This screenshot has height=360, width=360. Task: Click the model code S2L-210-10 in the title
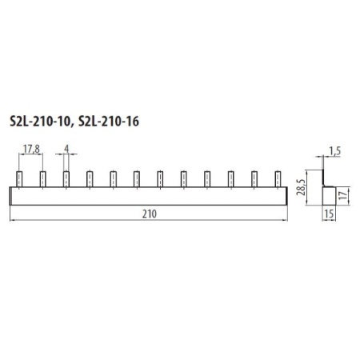click(40, 122)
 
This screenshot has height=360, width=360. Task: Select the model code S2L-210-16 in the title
click(109, 122)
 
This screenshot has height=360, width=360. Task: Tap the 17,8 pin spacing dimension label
click(31, 149)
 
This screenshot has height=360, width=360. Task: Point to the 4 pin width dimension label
click(66, 149)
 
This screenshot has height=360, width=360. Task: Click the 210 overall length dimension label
click(150, 214)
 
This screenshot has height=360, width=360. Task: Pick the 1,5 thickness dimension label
click(334, 151)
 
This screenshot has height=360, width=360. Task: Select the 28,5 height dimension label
click(301, 187)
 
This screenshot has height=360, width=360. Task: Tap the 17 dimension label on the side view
click(344, 194)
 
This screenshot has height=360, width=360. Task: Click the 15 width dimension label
click(330, 214)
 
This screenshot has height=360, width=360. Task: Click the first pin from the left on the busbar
click(19, 179)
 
